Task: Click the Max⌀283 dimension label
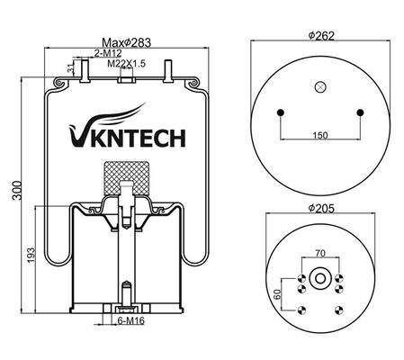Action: [x=124, y=42]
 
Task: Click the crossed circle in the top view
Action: [x=320, y=87]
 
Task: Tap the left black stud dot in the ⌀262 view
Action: [x=281, y=112]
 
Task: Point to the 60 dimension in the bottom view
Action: [x=277, y=292]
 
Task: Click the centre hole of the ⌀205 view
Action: [x=320, y=279]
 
